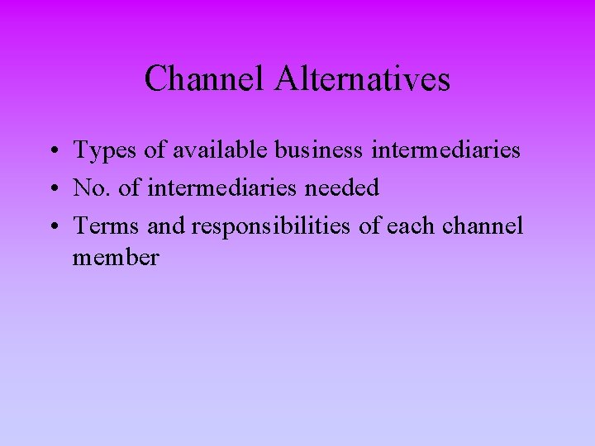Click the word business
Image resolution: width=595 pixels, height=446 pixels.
pos(318,149)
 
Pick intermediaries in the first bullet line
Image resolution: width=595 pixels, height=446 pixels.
pos(446,149)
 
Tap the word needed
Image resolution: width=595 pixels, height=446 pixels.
pos(342,188)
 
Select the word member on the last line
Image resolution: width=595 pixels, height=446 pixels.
pos(116,258)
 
